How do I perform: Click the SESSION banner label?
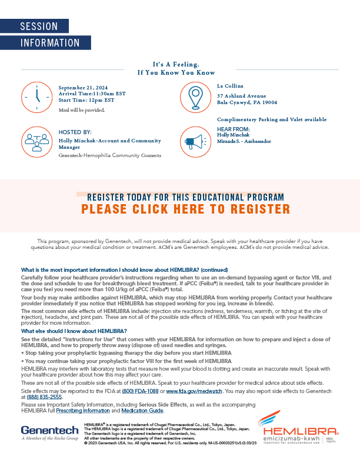click(39, 26)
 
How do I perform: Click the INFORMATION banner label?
click(50, 43)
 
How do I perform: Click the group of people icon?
click(37, 141)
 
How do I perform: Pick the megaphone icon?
click(195, 141)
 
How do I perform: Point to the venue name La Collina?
click(230, 86)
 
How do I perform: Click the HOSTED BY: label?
click(75, 132)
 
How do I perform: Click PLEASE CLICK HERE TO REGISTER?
click(185, 209)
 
